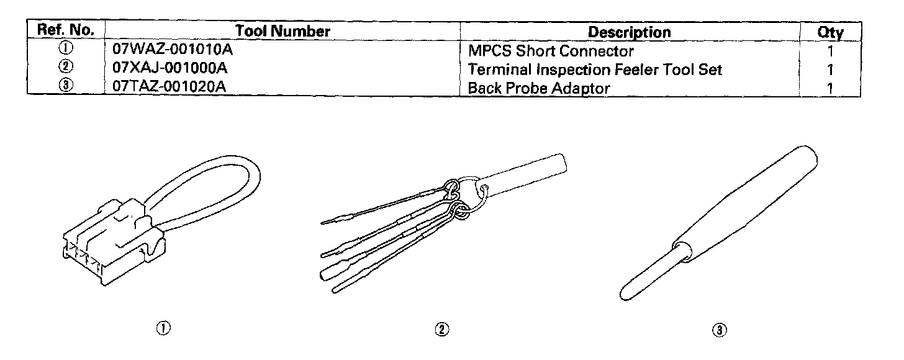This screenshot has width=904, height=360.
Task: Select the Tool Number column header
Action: (282, 31)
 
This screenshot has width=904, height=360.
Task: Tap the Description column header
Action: (629, 32)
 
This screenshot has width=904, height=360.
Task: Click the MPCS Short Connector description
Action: (551, 51)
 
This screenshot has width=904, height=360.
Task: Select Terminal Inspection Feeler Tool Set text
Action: (595, 70)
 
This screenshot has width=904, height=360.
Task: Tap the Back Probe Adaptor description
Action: (538, 88)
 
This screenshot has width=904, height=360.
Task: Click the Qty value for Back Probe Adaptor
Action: (829, 88)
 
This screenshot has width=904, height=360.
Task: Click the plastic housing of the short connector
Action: (112, 248)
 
